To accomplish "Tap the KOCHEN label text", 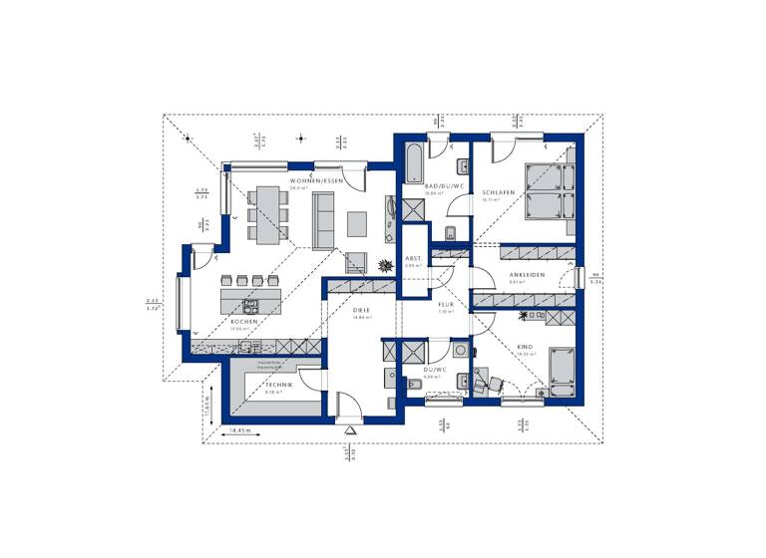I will coord(244,322).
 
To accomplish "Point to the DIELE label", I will coord(361,310).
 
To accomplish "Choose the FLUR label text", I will coord(446,307).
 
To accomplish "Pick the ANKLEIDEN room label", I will coord(526,275).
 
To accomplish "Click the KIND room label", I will coord(525,347).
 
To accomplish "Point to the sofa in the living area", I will coord(323,220).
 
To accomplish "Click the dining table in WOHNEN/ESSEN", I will coord(267,214).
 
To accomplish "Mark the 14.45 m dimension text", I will coord(239,429).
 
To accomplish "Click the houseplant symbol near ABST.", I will coord(386,264).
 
